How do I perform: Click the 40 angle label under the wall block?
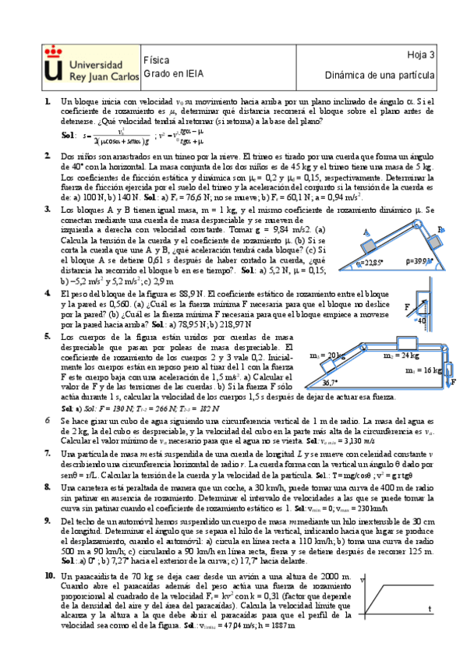tap(422, 320)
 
